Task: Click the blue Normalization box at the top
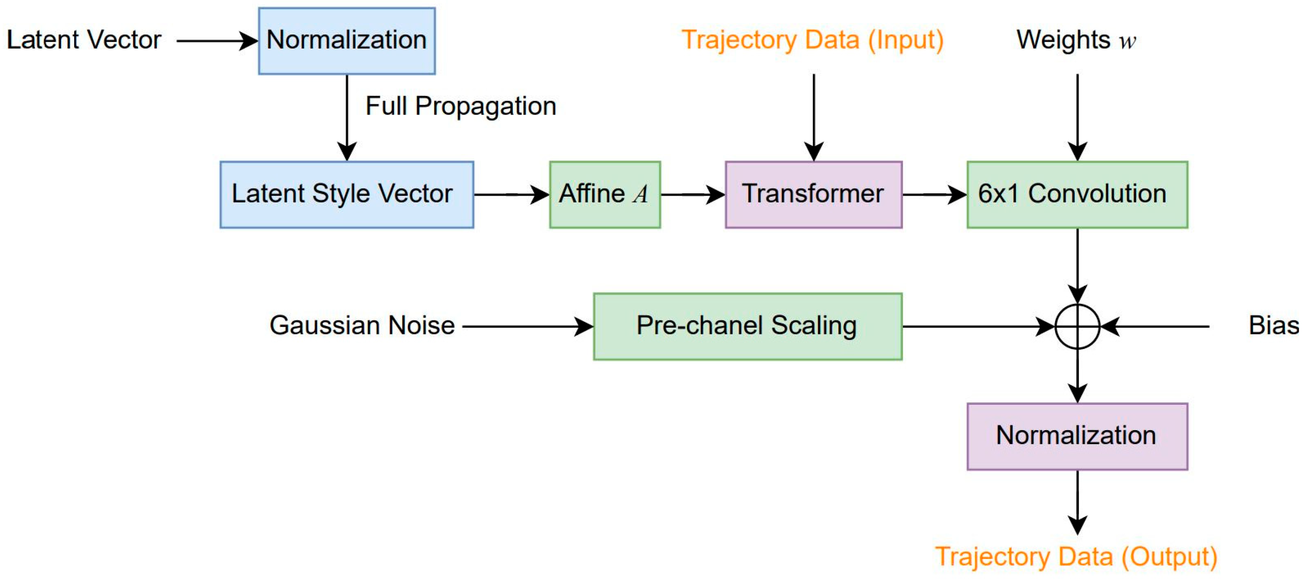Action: (x=347, y=41)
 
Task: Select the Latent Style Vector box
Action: (x=347, y=194)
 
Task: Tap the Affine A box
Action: (x=605, y=194)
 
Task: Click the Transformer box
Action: (x=813, y=194)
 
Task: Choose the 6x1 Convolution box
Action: (x=1077, y=194)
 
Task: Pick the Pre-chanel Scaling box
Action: (x=747, y=326)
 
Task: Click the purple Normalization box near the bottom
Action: (x=1077, y=436)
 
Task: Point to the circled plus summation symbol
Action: (x=1077, y=326)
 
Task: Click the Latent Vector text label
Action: (x=84, y=40)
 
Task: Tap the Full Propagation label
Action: (x=461, y=106)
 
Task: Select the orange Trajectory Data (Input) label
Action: (x=813, y=40)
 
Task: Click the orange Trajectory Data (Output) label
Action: (x=1076, y=557)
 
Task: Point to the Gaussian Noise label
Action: (x=362, y=325)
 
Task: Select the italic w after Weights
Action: (x=1127, y=41)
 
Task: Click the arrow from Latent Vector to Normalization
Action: (x=217, y=41)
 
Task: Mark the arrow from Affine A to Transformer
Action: (x=693, y=194)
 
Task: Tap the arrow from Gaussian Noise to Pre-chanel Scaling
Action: (x=528, y=326)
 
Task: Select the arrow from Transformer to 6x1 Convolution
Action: (x=934, y=194)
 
